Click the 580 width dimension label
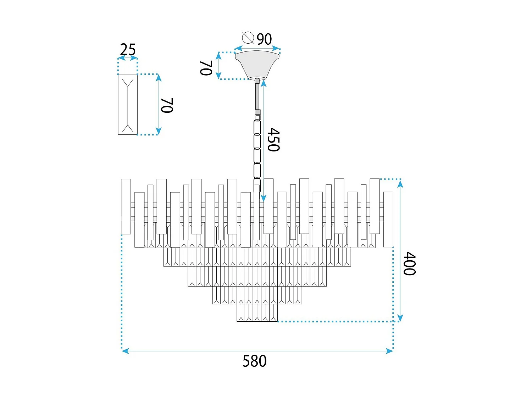[x=254, y=361]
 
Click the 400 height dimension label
[x=409, y=264]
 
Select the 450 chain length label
[x=273, y=140]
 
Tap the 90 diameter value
[x=264, y=39]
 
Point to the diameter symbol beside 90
[x=248, y=37]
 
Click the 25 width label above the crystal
[x=128, y=50]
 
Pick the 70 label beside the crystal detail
[x=167, y=105]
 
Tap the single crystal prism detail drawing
[x=128, y=104]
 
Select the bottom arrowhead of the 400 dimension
[x=400, y=318]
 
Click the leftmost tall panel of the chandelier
[x=126, y=206]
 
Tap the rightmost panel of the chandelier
[x=388, y=219]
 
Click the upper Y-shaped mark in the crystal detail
[x=128, y=84]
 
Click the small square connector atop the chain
[x=258, y=117]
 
